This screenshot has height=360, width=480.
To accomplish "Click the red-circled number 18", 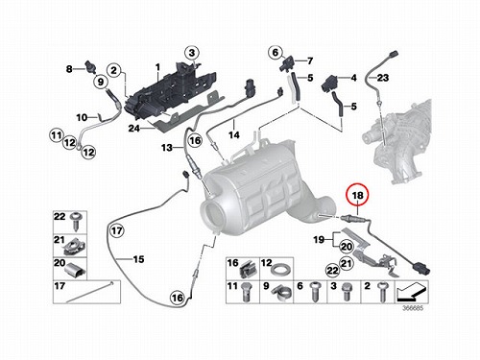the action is pyautogui.click(x=358, y=195).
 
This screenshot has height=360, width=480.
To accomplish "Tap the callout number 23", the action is pyautogui.click(x=382, y=78).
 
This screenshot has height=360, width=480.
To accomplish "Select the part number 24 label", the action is pyautogui.click(x=134, y=129).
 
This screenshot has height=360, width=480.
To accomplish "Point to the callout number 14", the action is pyautogui.click(x=234, y=135).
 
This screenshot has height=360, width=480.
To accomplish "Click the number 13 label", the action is pyautogui.click(x=167, y=148).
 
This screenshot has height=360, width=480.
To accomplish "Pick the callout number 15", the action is pyautogui.click(x=138, y=259).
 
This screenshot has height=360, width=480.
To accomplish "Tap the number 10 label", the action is pyautogui.click(x=82, y=117).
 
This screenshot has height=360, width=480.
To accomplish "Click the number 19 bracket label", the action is pyautogui.click(x=319, y=239).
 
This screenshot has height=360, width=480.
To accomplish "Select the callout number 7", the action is pyautogui.click(x=310, y=60).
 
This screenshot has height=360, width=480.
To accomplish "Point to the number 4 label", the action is pyautogui.click(x=353, y=78).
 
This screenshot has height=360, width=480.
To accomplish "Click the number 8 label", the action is pyautogui.click(x=69, y=68).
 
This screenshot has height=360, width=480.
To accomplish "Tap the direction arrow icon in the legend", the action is pyautogui.click(x=412, y=292).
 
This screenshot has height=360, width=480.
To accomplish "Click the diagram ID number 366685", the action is pyautogui.click(x=413, y=308).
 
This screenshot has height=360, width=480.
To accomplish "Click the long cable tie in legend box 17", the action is pyautogui.click(x=89, y=292).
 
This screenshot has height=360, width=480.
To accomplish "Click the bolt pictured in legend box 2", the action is pyautogui.click(x=381, y=292).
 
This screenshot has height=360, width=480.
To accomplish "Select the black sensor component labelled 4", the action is pyautogui.click(x=329, y=84).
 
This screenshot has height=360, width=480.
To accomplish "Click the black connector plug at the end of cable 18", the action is pyautogui.click(x=422, y=268).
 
